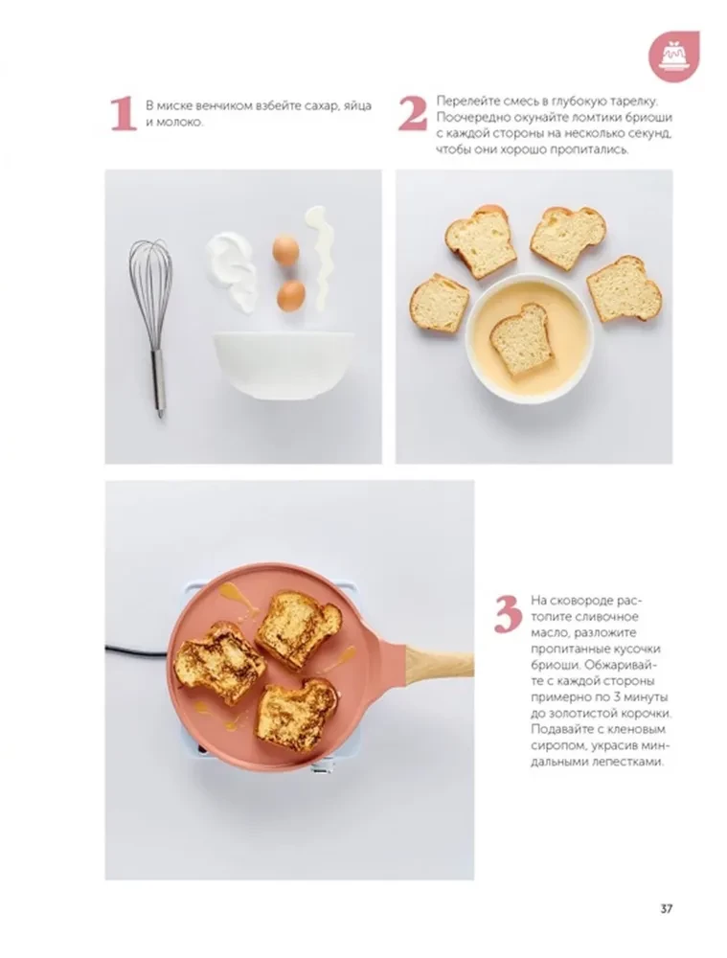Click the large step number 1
pos(121,114)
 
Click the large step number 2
pos(412,114)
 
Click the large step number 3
pos(508,613)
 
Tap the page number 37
pos(666,909)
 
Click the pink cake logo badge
pos(674,56)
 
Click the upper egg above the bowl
pos(284,250)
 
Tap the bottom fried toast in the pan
pos(295,710)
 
